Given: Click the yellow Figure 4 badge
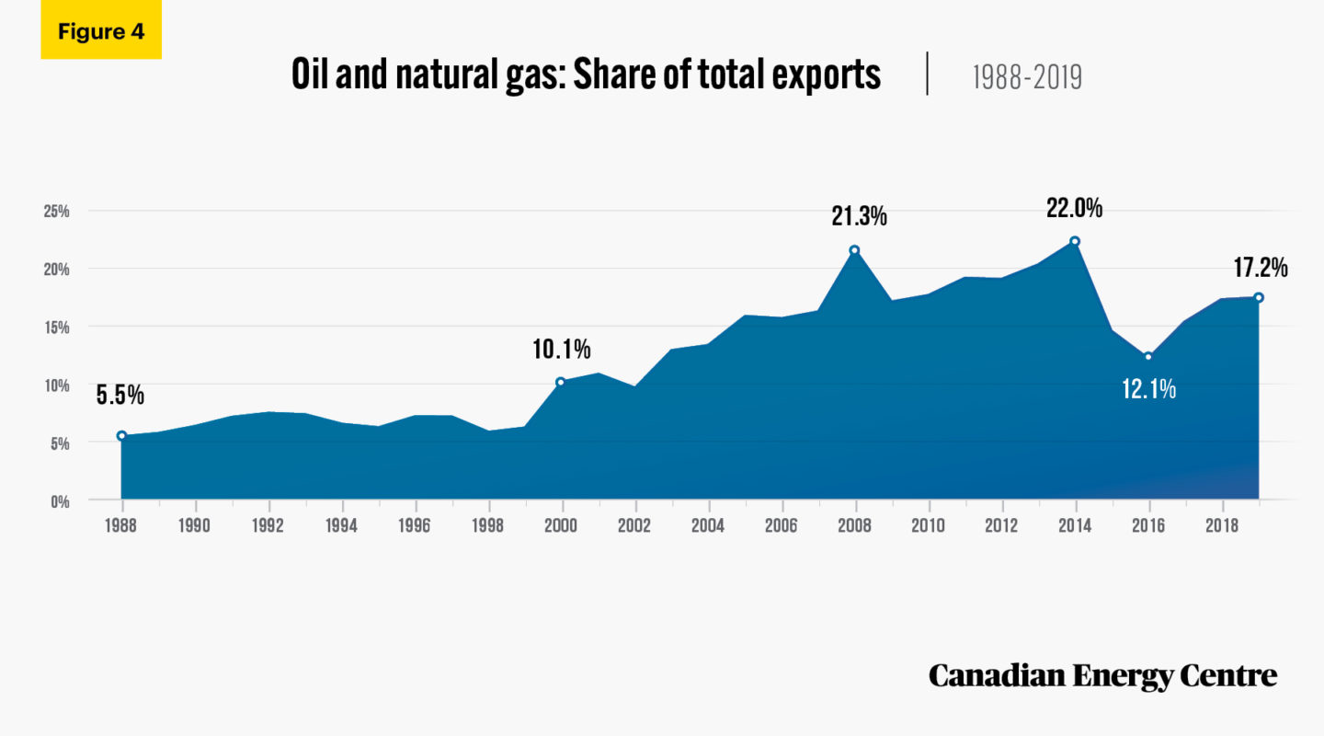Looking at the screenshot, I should point(101,32).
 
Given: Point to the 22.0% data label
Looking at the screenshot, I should point(1074,209).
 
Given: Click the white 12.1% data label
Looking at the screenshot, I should point(1148,389).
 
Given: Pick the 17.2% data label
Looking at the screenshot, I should point(1260,269).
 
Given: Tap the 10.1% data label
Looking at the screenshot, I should point(561,350).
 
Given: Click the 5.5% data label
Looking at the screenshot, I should point(120,396).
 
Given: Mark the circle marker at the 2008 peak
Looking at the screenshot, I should point(854,250).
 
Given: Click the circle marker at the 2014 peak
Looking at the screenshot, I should point(1074,242).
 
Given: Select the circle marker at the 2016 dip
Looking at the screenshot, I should point(1147,357).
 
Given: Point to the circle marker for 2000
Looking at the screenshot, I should point(561,382).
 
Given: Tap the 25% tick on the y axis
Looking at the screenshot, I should point(57,211).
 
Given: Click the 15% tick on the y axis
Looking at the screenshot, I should point(57,327).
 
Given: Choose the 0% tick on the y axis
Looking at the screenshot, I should point(60,500).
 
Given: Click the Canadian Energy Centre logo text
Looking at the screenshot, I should point(1102,676).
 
